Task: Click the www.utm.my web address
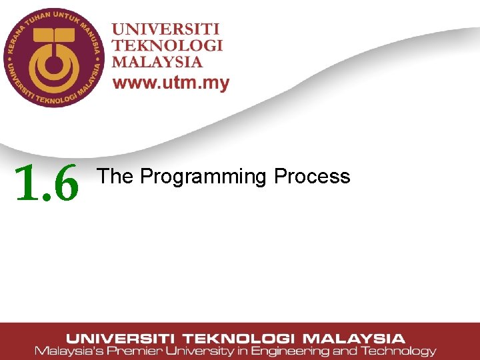(x=171, y=83)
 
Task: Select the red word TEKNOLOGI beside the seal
(x=167, y=46)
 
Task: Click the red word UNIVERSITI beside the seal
(x=165, y=30)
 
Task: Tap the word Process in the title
(x=312, y=176)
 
